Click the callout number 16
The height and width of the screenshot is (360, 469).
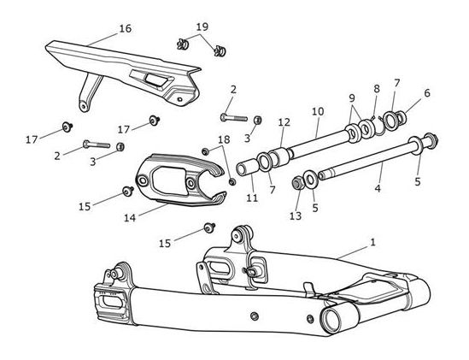pyautogui.click(x=126, y=29)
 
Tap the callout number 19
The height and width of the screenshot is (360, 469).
pyautogui.click(x=202, y=27)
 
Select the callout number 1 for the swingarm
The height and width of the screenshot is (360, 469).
pyautogui.click(x=372, y=242)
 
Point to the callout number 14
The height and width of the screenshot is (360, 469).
pyautogui.click(x=130, y=218)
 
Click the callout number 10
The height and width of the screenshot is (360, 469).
pyautogui.click(x=318, y=112)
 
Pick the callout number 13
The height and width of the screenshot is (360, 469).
pyautogui.click(x=296, y=215)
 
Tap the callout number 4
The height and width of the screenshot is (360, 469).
pyautogui.click(x=378, y=188)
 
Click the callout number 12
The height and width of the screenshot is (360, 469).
pyautogui.click(x=284, y=122)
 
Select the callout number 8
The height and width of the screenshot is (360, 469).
pyautogui.click(x=377, y=89)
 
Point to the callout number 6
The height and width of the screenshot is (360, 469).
pyautogui.click(x=427, y=93)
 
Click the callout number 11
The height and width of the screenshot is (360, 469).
pyautogui.click(x=252, y=198)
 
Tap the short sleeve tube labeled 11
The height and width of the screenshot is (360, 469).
pyautogui.click(x=247, y=168)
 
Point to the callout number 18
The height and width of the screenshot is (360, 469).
pyautogui.click(x=224, y=139)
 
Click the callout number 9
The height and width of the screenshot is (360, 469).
pyautogui.click(x=352, y=98)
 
